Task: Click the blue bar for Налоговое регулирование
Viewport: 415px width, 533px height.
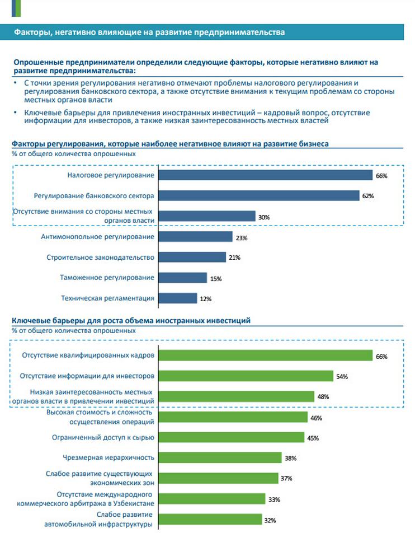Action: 265,175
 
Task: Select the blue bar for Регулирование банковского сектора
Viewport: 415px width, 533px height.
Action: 258,195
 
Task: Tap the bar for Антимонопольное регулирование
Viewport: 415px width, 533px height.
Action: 195,237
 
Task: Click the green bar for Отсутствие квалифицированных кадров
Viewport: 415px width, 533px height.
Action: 265,356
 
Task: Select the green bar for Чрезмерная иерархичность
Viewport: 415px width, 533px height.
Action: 220,457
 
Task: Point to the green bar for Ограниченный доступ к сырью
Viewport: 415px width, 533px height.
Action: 232,437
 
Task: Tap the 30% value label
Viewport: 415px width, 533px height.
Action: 264,217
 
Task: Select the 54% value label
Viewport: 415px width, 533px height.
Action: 342,377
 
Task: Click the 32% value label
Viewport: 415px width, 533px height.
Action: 270,520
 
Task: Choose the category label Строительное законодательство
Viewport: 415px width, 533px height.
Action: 100,258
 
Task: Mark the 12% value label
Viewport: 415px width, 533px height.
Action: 205,299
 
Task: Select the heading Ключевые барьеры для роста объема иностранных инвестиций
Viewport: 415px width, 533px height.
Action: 131,320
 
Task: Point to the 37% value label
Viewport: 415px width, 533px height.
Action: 286,479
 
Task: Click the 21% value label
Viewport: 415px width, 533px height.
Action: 234,258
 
